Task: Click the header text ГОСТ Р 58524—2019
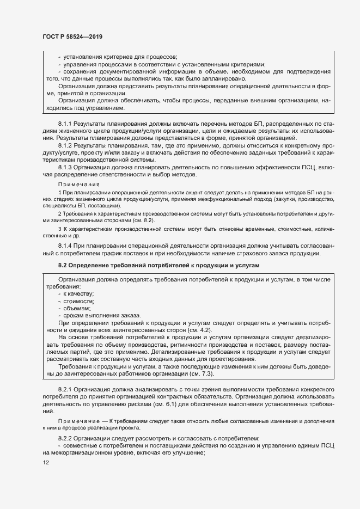pyautogui.click(x=72, y=37)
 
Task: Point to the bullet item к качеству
pyautogui.click(x=78, y=294)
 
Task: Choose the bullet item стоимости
pyautogui.click(x=79, y=302)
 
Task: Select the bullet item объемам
pyautogui.click(x=77, y=309)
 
